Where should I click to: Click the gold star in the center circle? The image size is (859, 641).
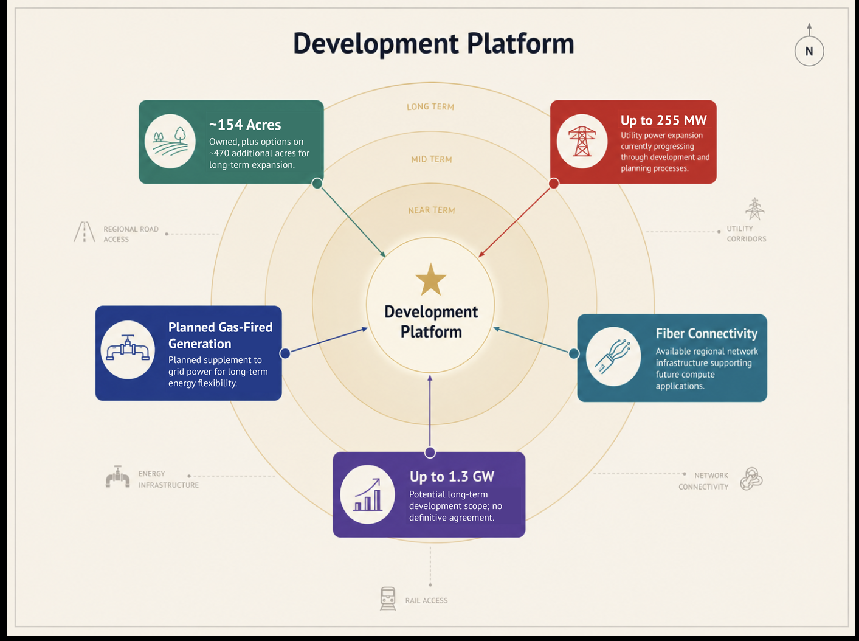pos(430,279)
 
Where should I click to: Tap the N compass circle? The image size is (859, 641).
pos(809,51)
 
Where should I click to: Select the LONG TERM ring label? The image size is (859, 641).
pos(430,107)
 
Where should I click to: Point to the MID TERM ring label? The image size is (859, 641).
pos(431,159)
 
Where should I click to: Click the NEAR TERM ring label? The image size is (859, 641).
pos(431,210)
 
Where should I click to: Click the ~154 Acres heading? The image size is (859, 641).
pos(245,125)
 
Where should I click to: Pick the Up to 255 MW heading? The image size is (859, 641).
pos(663,120)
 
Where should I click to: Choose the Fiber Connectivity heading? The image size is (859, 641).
pos(706,333)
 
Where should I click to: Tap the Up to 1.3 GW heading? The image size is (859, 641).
pos(452,477)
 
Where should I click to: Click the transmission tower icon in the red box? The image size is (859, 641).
pos(582,141)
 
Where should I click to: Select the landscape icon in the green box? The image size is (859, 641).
pos(170,141)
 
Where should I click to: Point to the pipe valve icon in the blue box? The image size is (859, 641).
pos(128,347)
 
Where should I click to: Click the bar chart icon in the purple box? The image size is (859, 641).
pos(367,494)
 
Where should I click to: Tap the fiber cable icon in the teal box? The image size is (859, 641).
pos(613,356)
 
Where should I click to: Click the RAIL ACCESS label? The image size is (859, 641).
pos(426,600)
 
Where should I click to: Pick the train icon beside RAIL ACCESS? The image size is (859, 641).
pos(388,599)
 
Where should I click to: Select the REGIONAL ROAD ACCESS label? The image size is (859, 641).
pos(131,234)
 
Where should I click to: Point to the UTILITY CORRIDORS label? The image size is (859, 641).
pos(747,234)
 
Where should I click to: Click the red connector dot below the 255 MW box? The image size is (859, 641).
pos(553,183)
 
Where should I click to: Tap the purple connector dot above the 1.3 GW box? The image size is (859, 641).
pos(430,452)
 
